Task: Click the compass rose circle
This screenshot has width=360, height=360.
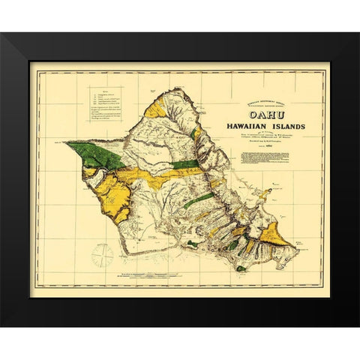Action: pyautogui.click(x=102, y=256)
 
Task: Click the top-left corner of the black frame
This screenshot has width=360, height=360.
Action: pyautogui.click(x=3, y=34)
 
